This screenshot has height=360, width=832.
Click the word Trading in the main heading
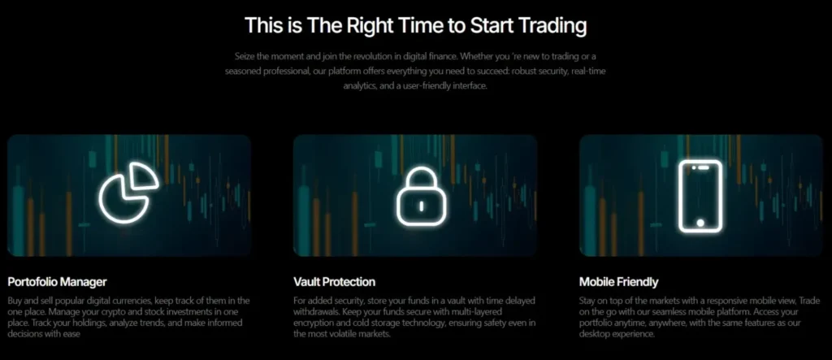pos(547,26)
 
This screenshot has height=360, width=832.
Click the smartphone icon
pos(701,195)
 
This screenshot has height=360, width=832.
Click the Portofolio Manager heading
pos(57,282)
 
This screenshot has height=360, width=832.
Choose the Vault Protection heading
pos(334,282)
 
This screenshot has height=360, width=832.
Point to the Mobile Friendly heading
pos(618,282)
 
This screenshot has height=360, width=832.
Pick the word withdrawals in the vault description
pos(319,311)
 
